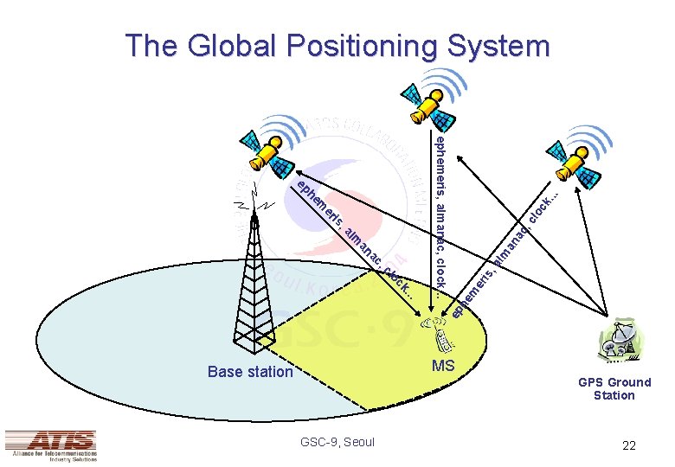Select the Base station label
point(250,372)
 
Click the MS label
point(443,366)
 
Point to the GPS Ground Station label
point(614,388)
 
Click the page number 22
point(628,445)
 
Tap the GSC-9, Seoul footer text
point(337,442)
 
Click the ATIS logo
point(50,444)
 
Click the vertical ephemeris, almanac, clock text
point(440,213)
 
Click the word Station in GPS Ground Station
point(614,395)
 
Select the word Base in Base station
point(224,372)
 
